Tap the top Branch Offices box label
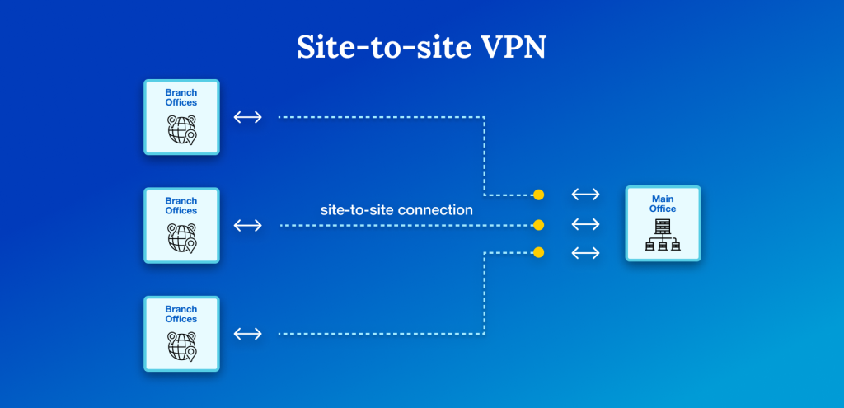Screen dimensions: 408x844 (181, 97)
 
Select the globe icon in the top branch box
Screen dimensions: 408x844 (181, 130)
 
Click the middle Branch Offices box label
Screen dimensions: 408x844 (181, 205)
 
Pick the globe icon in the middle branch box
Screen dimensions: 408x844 (181, 238)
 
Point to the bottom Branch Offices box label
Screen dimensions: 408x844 (181, 314)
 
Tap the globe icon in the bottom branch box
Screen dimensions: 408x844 (181, 346)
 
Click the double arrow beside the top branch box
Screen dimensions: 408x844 (247, 117)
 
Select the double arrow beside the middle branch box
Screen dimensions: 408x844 (247, 225)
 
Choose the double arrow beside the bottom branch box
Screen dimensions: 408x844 (247, 334)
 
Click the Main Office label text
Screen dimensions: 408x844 (663, 204)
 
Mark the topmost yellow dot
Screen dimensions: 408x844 (538, 195)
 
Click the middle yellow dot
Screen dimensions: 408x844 (538, 224)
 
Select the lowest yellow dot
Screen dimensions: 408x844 (538, 252)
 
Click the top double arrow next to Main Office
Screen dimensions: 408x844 (585, 195)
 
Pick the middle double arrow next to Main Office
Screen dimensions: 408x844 (585, 224)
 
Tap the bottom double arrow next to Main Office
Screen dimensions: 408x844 (585, 252)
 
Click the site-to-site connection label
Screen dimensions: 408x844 (396, 210)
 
